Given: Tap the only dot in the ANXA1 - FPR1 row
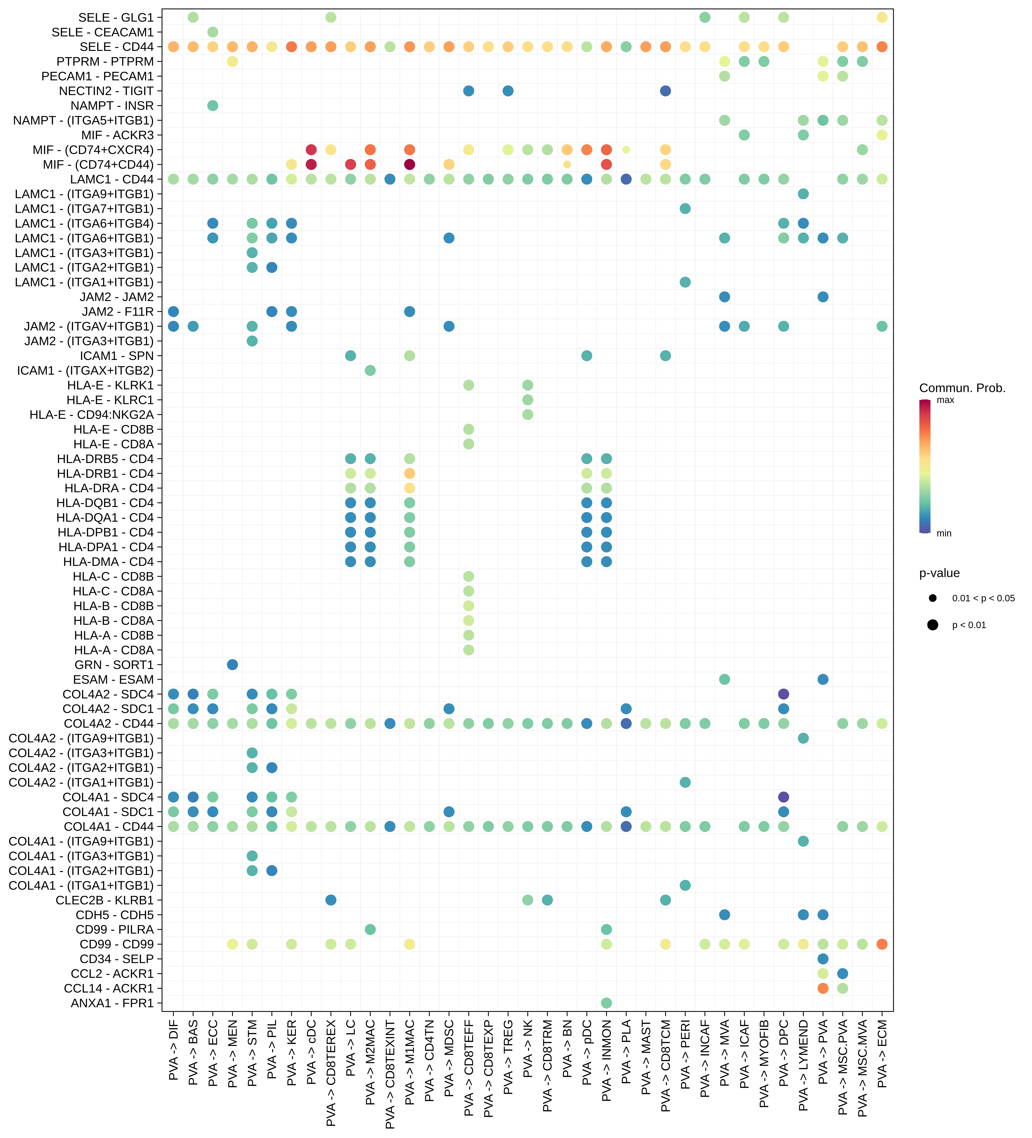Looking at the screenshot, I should (606, 1003).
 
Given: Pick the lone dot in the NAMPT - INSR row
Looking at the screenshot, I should (213, 106).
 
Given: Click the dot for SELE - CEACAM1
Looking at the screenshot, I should (213, 32).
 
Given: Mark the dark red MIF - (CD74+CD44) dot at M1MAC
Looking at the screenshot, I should (410, 164).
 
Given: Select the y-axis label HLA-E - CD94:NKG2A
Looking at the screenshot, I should (91, 415).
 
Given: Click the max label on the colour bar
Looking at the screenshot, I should (945, 400).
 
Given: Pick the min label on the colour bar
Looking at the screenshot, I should (944, 534).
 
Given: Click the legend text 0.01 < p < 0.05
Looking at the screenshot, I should (983, 598).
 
